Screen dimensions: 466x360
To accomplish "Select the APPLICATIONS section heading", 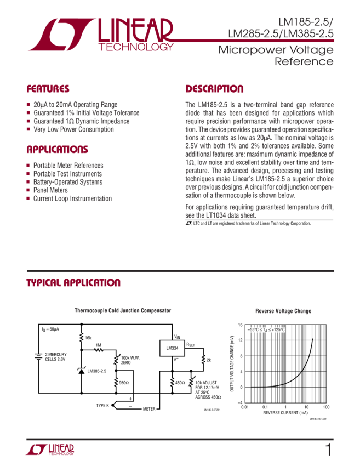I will [x=57, y=150].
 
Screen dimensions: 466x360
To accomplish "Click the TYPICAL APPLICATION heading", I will [x=73, y=283].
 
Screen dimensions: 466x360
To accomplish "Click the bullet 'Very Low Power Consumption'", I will [x=73, y=130].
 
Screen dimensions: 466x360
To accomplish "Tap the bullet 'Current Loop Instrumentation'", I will [x=72, y=198].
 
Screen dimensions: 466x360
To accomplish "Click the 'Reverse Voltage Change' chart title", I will [x=283, y=311].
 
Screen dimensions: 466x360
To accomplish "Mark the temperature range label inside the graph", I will [x=267, y=329].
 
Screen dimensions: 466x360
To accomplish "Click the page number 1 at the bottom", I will [x=328, y=451].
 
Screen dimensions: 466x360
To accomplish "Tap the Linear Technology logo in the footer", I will [x=50, y=450].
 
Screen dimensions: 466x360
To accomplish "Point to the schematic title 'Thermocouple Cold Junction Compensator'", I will [x=123, y=311].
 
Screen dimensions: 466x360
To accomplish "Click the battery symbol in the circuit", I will [x=38, y=356].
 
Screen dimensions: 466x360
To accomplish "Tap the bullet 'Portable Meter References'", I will [x=68, y=165].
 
